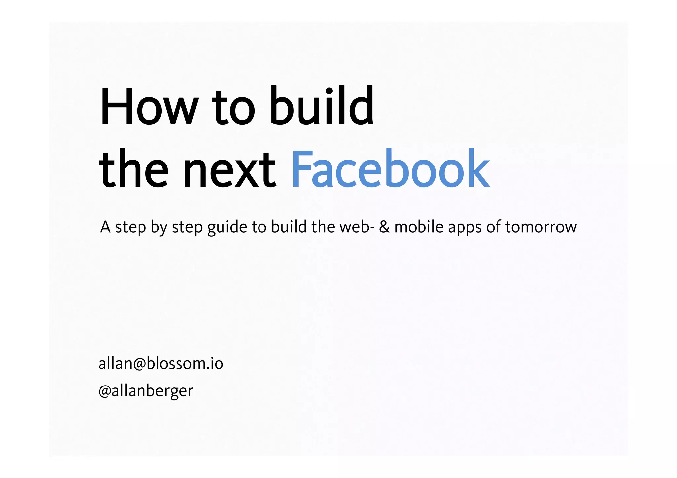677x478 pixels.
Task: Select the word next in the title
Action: [x=229, y=170]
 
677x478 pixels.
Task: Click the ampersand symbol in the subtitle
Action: [x=384, y=227]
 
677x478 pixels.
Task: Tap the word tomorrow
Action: [x=541, y=227]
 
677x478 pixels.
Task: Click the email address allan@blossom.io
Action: [x=161, y=364]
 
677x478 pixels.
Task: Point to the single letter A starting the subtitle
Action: [x=105, y=227]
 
